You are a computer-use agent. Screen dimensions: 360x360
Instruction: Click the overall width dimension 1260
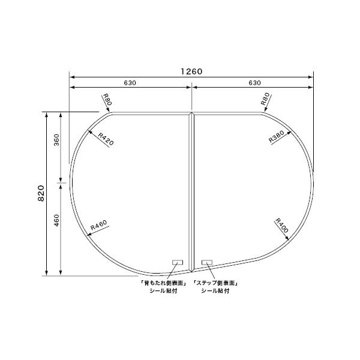click(192, 71)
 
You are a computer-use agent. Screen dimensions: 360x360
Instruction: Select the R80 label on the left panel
click(107, 100)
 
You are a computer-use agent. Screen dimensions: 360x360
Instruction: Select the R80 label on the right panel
click(266, 100)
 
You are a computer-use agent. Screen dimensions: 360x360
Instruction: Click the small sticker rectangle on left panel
click(178, 262)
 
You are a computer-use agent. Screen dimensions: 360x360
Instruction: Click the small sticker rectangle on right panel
click(207, 262)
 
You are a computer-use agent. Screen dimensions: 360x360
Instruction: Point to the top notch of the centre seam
click(192, 113)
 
